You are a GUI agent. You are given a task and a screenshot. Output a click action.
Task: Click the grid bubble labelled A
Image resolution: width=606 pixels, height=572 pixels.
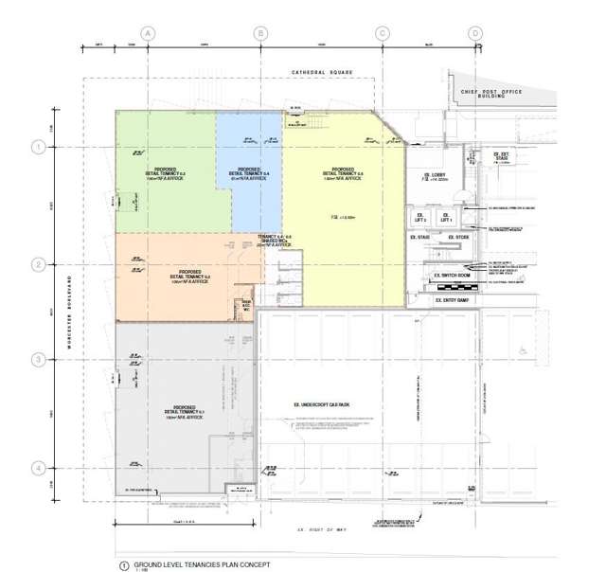point(148,33)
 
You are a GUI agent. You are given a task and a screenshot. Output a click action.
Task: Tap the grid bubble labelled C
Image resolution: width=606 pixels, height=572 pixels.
point(383,33)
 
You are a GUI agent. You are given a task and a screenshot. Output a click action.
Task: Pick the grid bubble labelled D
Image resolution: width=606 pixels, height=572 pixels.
point(474,33)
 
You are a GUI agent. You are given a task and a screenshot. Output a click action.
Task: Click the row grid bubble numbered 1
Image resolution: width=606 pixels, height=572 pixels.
point(39,147)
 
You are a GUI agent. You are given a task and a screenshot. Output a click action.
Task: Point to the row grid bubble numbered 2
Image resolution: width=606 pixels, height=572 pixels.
point(39,265)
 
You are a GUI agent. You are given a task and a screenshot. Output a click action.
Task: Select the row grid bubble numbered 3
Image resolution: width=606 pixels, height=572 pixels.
point(39,359)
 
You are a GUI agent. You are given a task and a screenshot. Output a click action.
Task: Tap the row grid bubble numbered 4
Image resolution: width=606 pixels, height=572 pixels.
point(39,468)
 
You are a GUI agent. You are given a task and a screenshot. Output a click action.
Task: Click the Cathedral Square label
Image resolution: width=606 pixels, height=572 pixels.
point(322,71)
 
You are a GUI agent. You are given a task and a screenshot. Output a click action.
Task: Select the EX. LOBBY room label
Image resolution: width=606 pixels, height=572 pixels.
point(436,176)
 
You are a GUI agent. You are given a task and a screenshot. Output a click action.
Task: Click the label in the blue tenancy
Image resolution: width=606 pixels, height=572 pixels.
point(249,174)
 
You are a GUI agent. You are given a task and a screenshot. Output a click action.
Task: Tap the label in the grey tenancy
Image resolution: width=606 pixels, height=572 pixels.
point(184,410)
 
